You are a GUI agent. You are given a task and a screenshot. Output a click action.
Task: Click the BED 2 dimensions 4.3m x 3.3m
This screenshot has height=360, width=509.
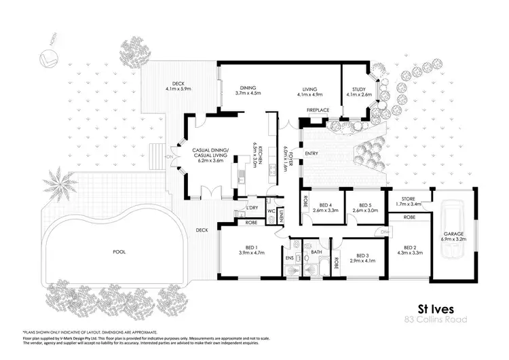click(x=413, y=253)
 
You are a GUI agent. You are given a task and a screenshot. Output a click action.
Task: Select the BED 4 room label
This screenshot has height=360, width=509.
click(x=326, y=204)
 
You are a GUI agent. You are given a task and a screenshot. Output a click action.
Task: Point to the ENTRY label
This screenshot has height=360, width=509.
click(x=312, y=154)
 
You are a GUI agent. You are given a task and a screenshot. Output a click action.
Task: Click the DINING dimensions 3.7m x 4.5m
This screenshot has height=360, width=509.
click(x=248, y=93)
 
